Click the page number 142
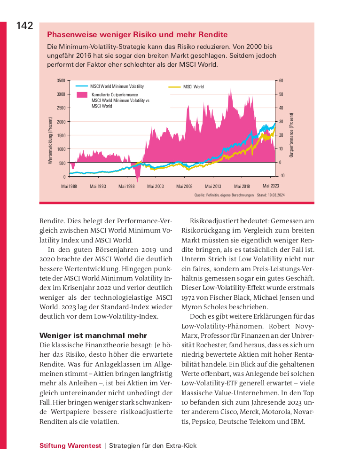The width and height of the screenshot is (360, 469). [x=24, y=26]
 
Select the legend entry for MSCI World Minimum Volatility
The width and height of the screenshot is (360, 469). [x=117, y=86]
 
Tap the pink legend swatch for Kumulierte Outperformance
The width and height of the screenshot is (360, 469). [x=82, y=95]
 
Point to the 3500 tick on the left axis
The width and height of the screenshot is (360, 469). [x=61, y=81]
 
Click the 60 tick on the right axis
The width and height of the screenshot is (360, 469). [x=281, y=81]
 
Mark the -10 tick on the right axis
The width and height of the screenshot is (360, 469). [x=281, y=176]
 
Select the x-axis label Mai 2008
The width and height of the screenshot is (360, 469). [x=184, y=187]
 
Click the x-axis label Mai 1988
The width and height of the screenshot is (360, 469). [x=70, y=187]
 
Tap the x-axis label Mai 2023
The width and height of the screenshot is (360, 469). [x=271, y=186]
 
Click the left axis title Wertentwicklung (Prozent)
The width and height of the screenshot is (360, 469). [x=50, y=141]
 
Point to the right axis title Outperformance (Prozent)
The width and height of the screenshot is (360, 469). [x=291, y=135]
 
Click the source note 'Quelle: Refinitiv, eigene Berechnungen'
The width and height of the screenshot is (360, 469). [x=224, y=195]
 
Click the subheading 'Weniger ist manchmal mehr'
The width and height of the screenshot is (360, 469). [x=93, y=336]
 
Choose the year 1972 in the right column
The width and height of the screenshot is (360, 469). [x=189, y=297]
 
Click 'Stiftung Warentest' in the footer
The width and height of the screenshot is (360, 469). [x=70, y=446]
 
